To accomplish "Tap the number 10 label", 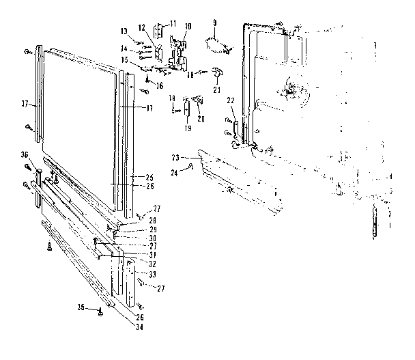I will pos(188,26).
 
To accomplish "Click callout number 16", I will pos(158,85).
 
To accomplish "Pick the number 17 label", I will pos(149,108).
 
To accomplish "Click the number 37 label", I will pos(25,105).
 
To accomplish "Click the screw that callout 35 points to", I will pos(101,311).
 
